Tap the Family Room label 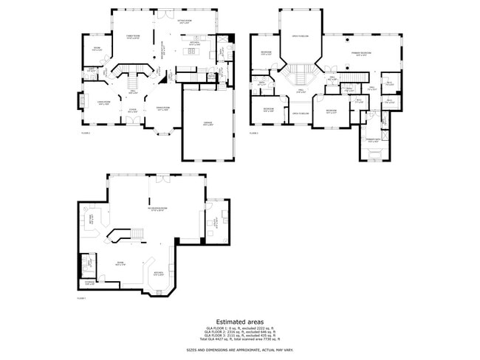pyautogui.click(x=133, y=36)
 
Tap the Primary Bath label pyautogui.click(x=373, y=140)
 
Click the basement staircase pyautogui.click(x=136, y=235)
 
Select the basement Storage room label pyautogui.click(x=89, y=282)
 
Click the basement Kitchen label pyautogui.click(x=158, y=274)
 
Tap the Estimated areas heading pyautogui.click(x=239, y=322)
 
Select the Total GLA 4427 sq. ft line pyautogui.click(x=239, y=339)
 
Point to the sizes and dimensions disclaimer pyautogui.click(x=239, y=350)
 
